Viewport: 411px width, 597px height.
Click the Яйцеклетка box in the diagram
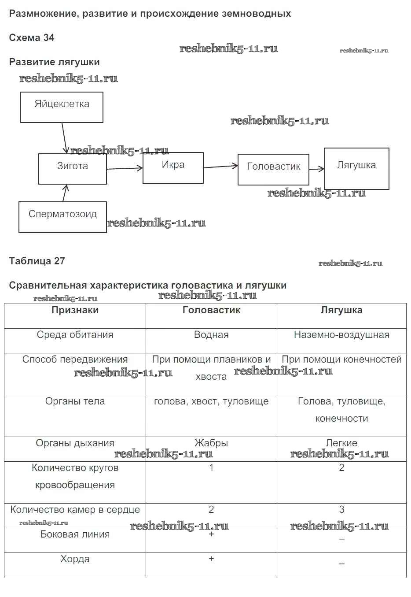point(62,107)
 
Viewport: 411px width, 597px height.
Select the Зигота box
point(73,168)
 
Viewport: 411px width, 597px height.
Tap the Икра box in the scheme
point(173,167)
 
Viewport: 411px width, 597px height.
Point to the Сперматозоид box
point(62,217)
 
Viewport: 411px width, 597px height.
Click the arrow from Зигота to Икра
point(125,168)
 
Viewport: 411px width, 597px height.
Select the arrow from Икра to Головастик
point(220,167)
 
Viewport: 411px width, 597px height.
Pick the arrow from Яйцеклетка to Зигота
point(64,138)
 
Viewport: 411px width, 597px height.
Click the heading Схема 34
point(32,38)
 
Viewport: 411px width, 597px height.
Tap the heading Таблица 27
point(37,261)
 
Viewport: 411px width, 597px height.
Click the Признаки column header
point(75,310)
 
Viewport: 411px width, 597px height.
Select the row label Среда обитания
point(75,335)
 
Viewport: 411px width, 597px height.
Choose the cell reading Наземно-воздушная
point(341,335)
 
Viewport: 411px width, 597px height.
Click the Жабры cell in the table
point(211,443)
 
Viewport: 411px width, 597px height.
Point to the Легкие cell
point(341,443)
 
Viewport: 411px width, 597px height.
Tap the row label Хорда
point(75,559)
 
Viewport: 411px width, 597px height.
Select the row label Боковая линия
point(75,534)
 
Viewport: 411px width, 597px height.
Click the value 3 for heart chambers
point(341,510)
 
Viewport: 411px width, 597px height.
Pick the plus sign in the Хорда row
point(211,559)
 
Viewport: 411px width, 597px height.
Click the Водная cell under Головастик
point(211,335)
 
